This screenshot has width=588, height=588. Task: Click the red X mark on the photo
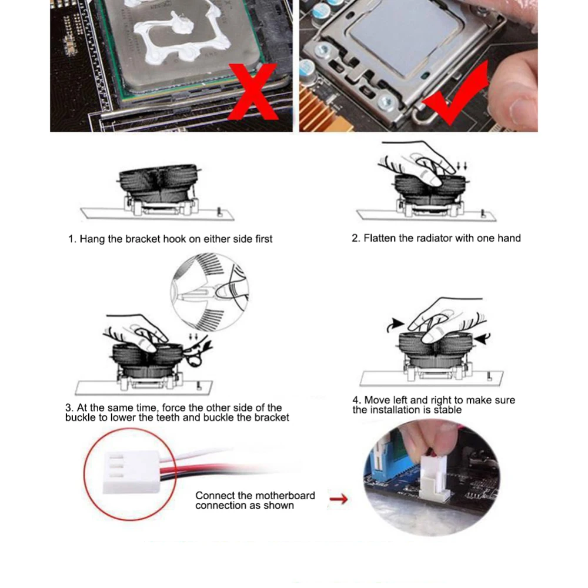[253, 91]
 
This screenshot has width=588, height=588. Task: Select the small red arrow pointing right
[338, 499]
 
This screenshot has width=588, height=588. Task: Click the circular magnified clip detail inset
[210, 292]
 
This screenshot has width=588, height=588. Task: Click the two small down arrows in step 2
[462, 166]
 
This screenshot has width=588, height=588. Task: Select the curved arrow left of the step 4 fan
[395, 325]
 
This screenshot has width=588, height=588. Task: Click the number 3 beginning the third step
[69, 407]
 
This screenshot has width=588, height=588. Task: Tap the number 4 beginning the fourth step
[357, 400]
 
